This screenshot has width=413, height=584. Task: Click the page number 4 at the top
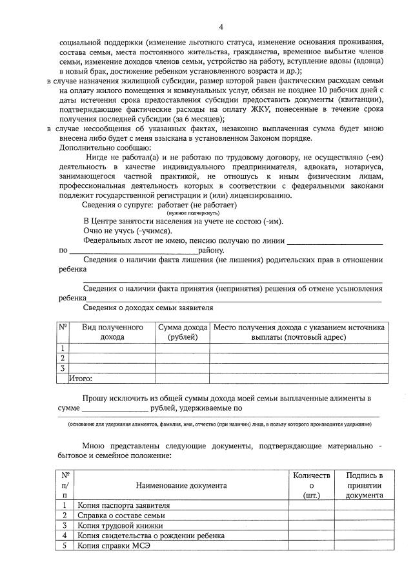click(x=221, y=26)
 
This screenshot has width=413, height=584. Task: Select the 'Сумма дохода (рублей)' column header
click(x=183, y=332)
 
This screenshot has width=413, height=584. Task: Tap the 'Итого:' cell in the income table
click(x=81, y=379)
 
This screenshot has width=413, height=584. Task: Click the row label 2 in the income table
click(x=63, y=358)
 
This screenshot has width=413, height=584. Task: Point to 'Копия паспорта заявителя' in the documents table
click(x=123, y=505)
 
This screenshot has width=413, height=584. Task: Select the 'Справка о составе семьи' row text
click(x=121, y=515)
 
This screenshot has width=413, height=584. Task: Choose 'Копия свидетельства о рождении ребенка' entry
click(x=151, y=536)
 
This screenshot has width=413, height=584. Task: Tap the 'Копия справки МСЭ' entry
click(x=112, y=546)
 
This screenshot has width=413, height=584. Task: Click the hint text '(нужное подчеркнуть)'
click(x=192, y=213)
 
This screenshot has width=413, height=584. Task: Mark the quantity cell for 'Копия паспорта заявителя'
click(x=311, y=505)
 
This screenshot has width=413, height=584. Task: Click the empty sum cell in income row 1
click(x=183, y=348)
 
